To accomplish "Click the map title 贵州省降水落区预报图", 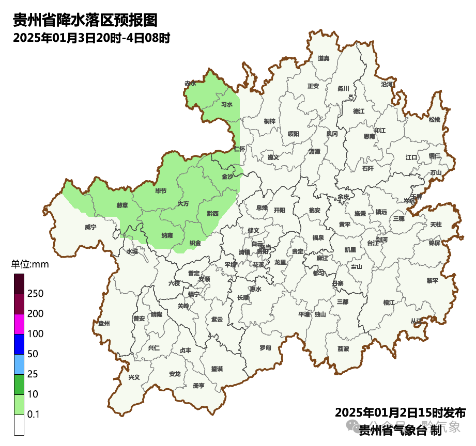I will (85, 21).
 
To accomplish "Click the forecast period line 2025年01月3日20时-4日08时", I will (91, 38).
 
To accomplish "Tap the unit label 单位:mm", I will (30, 265).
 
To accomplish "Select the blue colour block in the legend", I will (19, 344).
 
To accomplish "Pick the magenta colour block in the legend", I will (19, 324).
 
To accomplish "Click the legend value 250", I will (36, 294).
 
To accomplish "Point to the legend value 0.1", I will (34, 415).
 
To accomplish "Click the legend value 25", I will (34, 374).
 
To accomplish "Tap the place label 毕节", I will (161, 191).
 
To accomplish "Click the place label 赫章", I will (122, 205).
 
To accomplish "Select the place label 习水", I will (227, 104).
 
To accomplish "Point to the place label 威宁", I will (90, 227).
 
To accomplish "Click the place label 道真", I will (324, 58).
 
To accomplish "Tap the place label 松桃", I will (435, 120).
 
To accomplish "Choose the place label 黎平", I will (432, 281).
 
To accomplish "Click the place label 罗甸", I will (265, 347).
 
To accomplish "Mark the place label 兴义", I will (134, 377).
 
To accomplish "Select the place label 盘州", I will (104, 324).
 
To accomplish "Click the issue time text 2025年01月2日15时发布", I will (400, 413).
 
